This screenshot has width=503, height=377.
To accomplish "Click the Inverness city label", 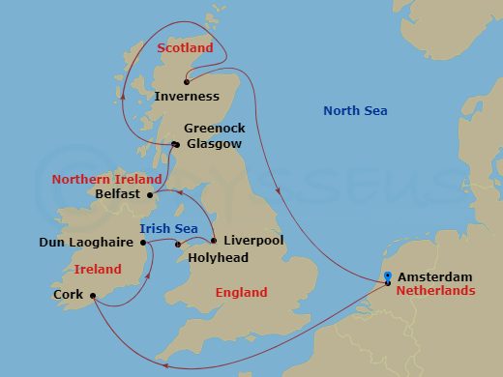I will (x=187, y=97).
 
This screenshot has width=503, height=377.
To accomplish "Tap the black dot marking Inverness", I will (x=187, y=82).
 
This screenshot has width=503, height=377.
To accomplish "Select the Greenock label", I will (x=215, y=128).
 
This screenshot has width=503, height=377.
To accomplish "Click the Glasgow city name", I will (x=213, y=143).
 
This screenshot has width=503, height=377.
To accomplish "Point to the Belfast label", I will (x=119, y=193).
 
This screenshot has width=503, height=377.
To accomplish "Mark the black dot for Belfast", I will (x=149, y=193).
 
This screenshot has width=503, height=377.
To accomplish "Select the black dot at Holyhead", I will (x=177, y=245).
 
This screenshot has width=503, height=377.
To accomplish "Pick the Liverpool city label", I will (x=253, y=240).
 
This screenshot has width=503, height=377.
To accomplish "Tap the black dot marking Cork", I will (x=92, y=296).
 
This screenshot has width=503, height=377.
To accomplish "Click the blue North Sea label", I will (x=355, y=111).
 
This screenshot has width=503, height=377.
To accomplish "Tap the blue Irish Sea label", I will (x=170, y=228).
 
